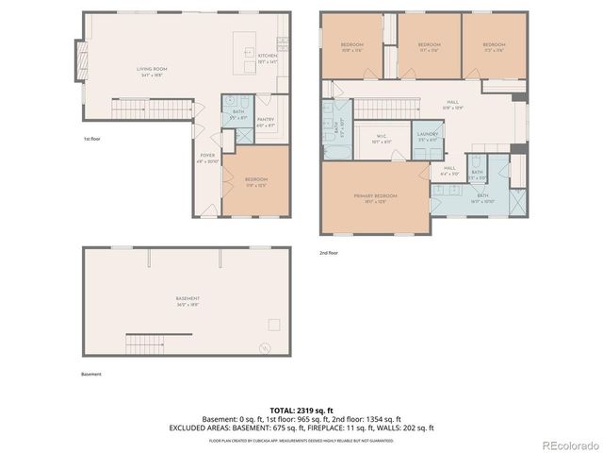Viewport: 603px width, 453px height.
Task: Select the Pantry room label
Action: tap(266, 122)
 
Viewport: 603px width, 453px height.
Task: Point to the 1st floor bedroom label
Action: tap(255, 181)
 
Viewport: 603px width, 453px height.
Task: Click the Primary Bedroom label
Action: tap(375, 198)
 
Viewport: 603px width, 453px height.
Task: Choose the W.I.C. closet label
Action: tap(382, 139)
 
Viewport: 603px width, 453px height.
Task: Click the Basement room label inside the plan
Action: tap(187, 301)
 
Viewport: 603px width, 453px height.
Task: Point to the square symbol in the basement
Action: tap(274, 325)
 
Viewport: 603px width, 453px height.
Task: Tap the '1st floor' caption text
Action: tap(91, 139)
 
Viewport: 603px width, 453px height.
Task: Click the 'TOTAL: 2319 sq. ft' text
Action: tap(301, 409)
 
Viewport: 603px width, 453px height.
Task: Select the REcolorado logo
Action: tap(566, 443)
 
